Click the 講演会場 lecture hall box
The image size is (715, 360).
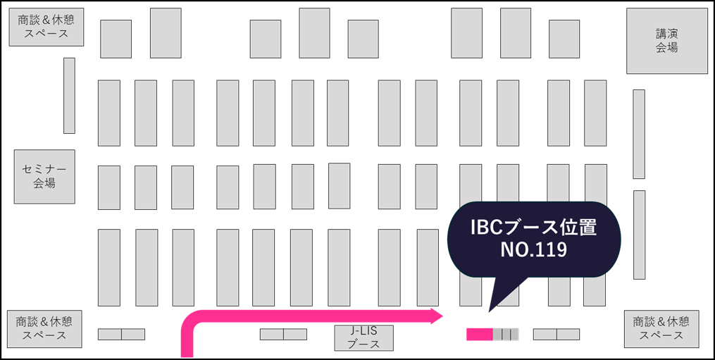coord(666,41)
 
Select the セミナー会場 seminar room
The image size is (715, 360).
coord(44,176)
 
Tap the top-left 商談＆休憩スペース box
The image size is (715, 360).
coord(46,27)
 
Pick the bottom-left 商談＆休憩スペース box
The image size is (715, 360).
coord(44,328)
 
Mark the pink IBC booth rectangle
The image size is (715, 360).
coord(479,335)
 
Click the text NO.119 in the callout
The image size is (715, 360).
coord(533,249)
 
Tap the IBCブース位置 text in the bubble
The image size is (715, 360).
coord(533,228)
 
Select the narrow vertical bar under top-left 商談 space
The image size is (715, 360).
coord(69,95)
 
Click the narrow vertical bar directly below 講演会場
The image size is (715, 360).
coord(638,134)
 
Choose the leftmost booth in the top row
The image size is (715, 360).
coord(116,38)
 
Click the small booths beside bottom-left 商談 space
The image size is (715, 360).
coord(121,335)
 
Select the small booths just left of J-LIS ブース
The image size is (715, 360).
coord(283,335)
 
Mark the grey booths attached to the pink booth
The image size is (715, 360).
coord(506,335)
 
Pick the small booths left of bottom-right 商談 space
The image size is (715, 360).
coord(557,335)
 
